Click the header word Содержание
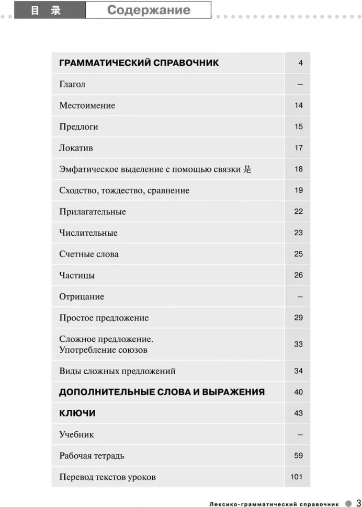tap(149, 10)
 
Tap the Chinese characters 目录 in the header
tap(46, 10)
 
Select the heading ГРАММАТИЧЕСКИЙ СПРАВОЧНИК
tap(139, 63)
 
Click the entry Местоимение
tap(87, 106)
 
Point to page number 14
tap(298, 106)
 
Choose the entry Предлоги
tap(78, 127)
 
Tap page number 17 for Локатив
tap(298, 148)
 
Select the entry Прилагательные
tap(93, 212)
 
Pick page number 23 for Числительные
tap(298, 233)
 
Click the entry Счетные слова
tap(89, 255)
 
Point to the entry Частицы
tap(77, 275)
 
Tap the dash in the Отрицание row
tap(300, 297)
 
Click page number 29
tap(298, 318)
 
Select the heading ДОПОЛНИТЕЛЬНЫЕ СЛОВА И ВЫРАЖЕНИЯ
tap(162, 392)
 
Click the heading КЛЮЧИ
tap(77, 413)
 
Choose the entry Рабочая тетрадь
tap(92, 456)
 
